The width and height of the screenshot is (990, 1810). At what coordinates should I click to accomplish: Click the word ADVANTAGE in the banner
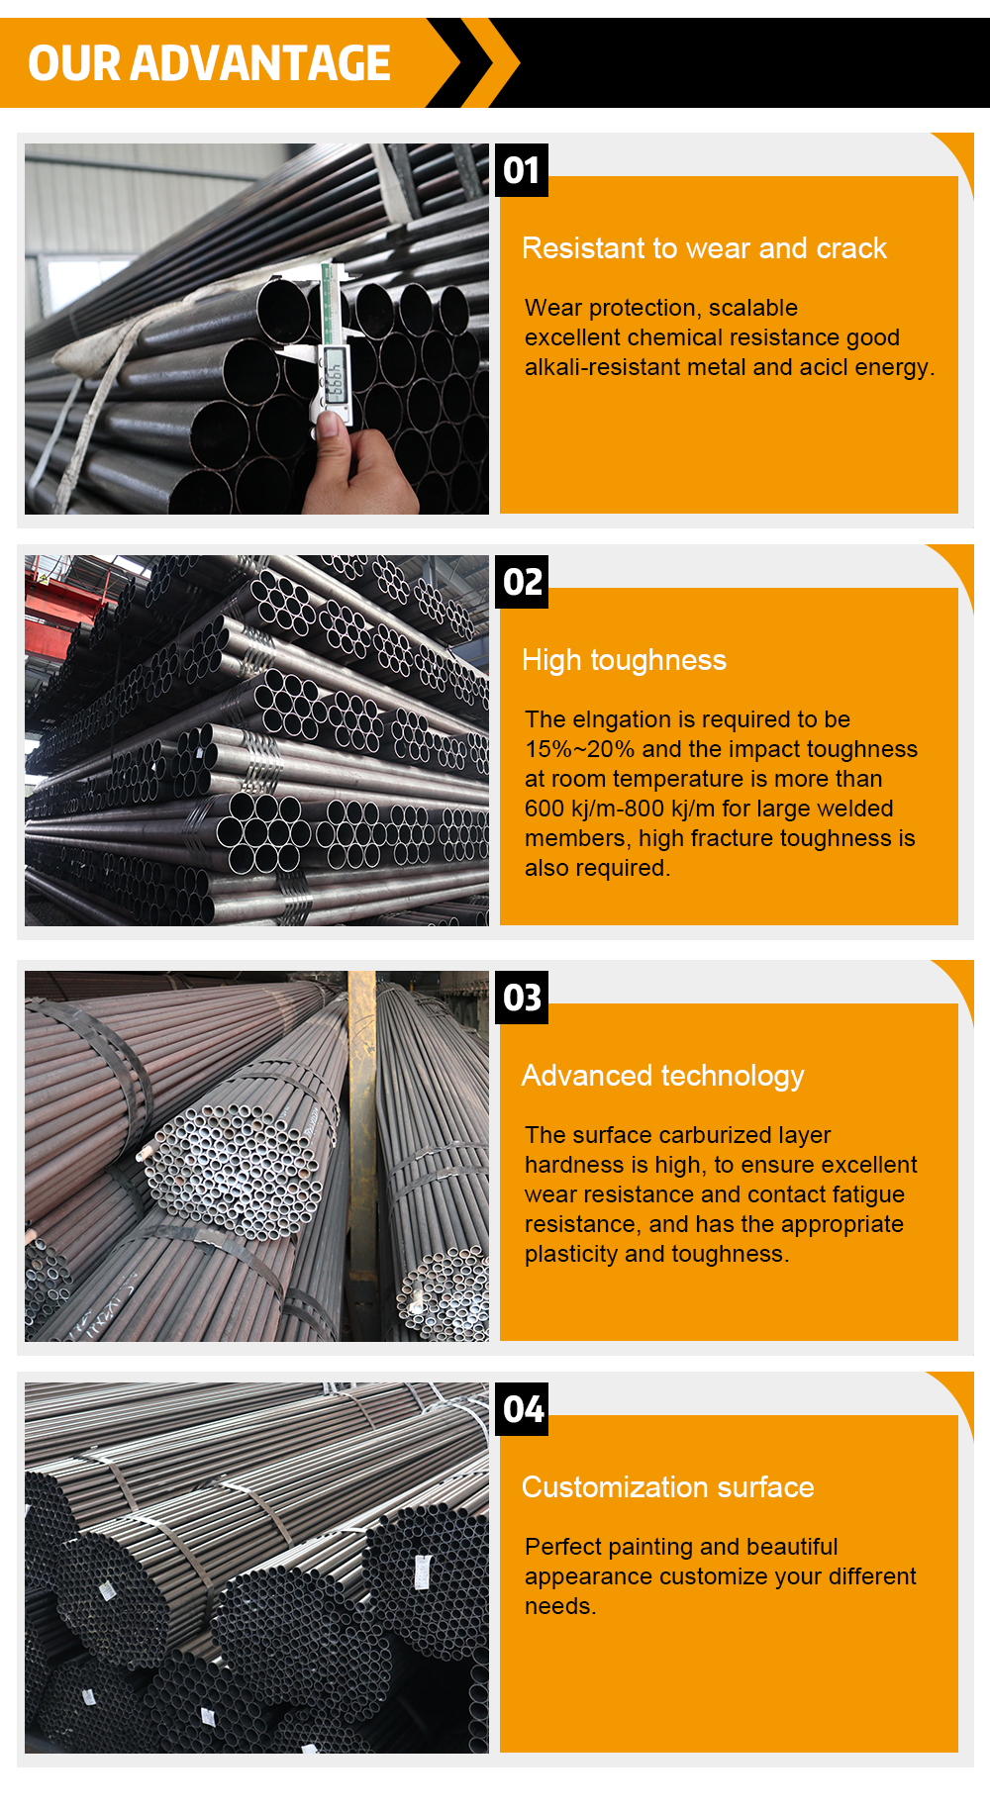point(260,63)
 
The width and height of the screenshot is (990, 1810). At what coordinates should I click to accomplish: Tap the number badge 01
point(522,170)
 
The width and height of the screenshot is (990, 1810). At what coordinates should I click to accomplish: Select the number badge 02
point(522,582)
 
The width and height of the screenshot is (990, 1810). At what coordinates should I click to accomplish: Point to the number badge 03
point(522,998)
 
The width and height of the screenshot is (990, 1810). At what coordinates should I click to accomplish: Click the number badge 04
point(522,1409)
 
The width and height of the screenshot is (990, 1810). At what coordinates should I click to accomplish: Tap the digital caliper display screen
point(337,378)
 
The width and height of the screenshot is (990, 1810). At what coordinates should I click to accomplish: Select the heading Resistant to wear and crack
point(704,248)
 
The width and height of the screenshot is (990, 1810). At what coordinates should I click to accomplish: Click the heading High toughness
point(624,660)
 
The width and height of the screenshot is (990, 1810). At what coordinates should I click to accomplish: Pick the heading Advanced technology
point(662,1076)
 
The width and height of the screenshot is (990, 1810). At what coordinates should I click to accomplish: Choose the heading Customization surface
point(667,1487)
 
